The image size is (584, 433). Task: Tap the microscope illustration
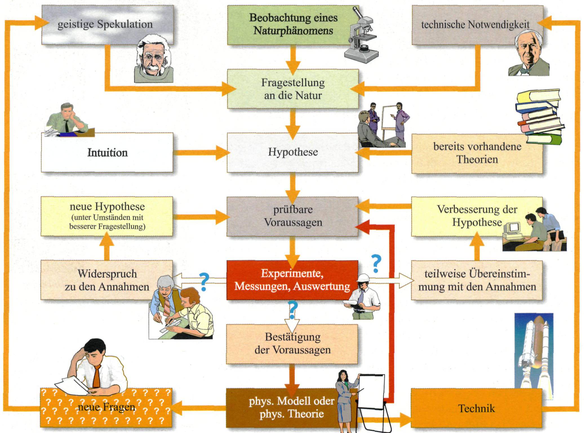[362, 37]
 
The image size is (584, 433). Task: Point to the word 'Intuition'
[107, 153]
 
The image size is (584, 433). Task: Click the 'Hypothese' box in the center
[293, 152]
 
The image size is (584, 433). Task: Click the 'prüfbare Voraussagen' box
[293, 216]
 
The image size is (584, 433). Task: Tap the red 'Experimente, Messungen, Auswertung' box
[292, 280]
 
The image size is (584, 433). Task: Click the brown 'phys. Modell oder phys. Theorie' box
[282, 407]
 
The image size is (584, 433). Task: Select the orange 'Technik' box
[476, 408]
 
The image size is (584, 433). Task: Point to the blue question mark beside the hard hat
[376, 263]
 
